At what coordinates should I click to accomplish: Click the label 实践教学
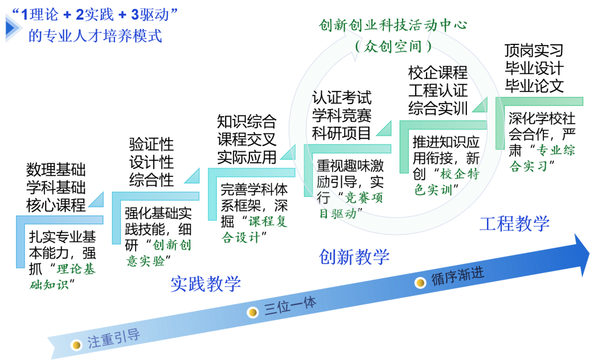205,283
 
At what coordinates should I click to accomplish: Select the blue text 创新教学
354,257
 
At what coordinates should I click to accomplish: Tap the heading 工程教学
514,223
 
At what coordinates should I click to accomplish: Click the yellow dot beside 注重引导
77,344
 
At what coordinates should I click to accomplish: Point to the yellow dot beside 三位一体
253,312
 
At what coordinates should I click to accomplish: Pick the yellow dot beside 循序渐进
420,282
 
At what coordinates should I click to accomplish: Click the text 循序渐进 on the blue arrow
458,276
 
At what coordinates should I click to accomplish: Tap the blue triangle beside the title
12,28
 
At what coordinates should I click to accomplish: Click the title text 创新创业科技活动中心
393,25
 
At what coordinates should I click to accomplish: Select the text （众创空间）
393,47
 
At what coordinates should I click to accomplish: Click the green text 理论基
76,269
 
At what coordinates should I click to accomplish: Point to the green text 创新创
172,245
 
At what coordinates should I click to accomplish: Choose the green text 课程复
268,221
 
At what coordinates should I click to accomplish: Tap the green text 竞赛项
364,197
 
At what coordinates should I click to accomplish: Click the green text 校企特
460,174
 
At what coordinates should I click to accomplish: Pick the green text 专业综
555,150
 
